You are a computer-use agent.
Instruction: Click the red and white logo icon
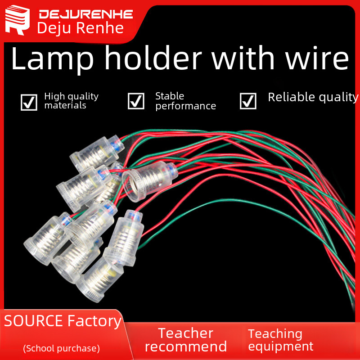tap(18, 21)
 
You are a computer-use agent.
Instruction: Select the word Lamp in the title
tap(43, 58)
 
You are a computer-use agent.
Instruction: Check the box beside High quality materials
tap(29, 102)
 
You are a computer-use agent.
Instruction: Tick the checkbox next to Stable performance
tap(136, 101)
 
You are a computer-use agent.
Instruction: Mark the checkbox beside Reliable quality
tap(248, 101)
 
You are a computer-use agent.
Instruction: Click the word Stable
tap(170, 96)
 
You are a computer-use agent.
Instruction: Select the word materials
tap(65, 106)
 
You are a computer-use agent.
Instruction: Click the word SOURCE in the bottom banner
tap(33, 321)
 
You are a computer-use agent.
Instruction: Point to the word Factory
tap(94, 321)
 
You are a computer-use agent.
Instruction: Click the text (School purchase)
tap(61, 348)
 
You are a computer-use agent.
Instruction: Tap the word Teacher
tap(185, 333)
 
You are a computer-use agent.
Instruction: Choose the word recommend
tap(185, 346)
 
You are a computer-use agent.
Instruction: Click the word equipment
tap(280, 346)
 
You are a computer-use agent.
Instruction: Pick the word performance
tap(185, 106)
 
